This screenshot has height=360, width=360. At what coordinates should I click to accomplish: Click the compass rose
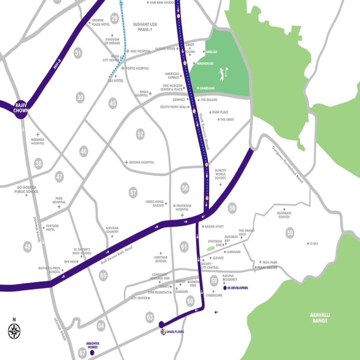(x=14, y=331)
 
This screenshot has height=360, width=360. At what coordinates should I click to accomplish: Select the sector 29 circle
(x=115, y=18)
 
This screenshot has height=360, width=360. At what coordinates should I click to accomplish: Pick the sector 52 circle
(x=140, y=134)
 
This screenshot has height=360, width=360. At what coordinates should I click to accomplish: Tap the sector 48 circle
(x=27, y=247)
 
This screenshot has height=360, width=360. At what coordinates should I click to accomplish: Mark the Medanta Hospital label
(x=38, y=141)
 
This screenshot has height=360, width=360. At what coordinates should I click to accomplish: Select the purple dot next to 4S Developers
(x=225, y=288)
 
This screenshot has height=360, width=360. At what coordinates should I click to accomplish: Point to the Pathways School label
(x=284, y=215)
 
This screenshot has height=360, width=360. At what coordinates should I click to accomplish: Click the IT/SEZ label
(x=313, y=244)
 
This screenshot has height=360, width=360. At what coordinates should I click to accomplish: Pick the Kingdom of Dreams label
(x=112, y=41)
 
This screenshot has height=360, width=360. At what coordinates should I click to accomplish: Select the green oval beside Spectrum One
(x=210, y=249)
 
